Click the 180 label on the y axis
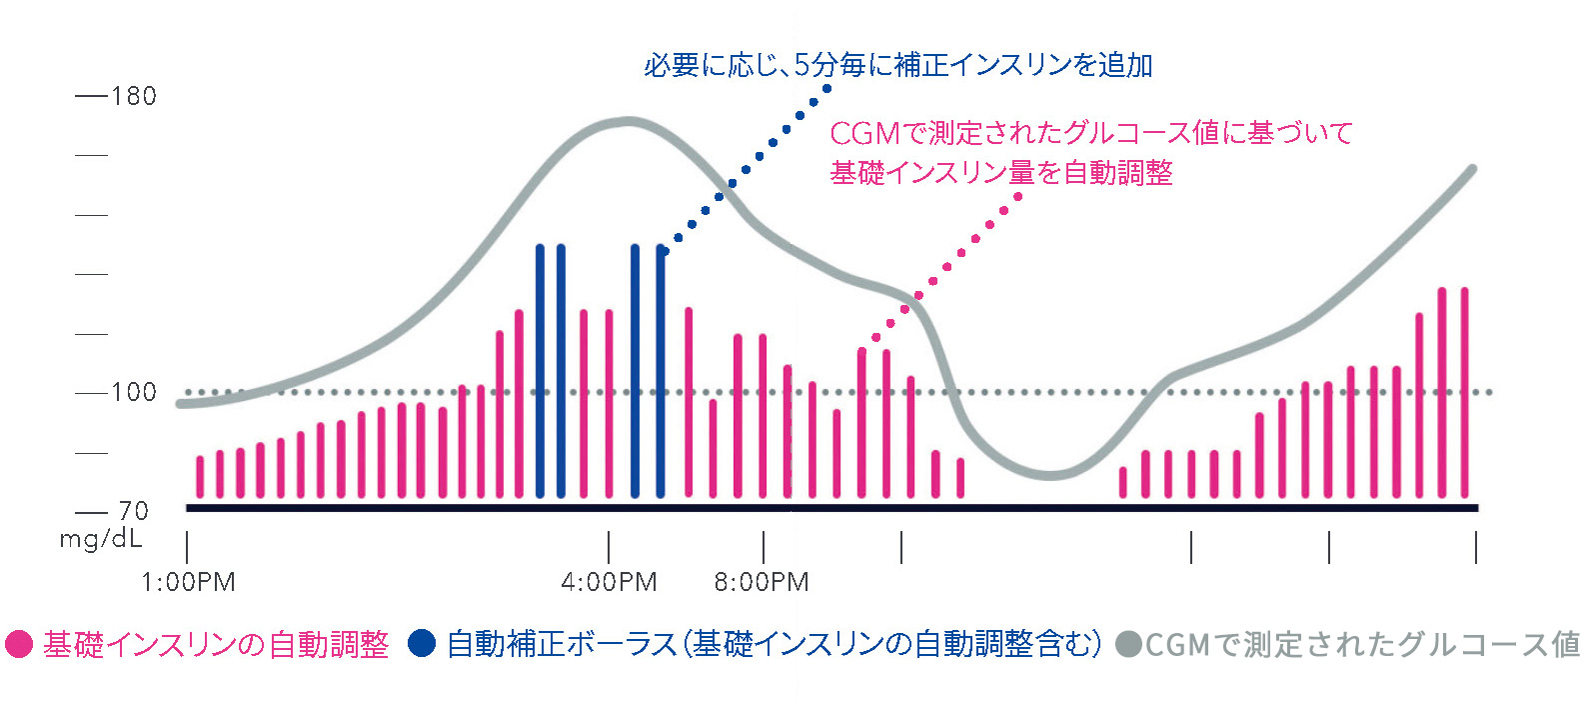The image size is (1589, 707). (133, 96)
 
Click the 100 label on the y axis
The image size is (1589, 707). (133, 392)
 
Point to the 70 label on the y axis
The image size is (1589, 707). (133, 511)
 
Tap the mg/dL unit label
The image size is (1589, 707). (101, 539)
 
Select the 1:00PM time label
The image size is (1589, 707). (188, 582)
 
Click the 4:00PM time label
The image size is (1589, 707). (609, 582)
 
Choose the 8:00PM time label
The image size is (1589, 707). (762, 582)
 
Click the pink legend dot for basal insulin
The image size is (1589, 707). (19, 644)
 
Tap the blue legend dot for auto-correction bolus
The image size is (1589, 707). (422, 644)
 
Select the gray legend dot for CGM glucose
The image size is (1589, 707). (1128, 644)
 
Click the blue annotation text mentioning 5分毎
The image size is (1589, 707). (897, 65)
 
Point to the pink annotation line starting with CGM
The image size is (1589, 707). (1090, 133)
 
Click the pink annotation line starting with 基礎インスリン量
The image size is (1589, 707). (1000, 173)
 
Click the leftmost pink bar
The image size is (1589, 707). (200, 477)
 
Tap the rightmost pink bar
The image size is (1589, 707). (1464, 392)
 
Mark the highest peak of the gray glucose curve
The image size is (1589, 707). (627, 122)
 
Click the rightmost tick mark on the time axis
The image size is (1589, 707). (1476, 548)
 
